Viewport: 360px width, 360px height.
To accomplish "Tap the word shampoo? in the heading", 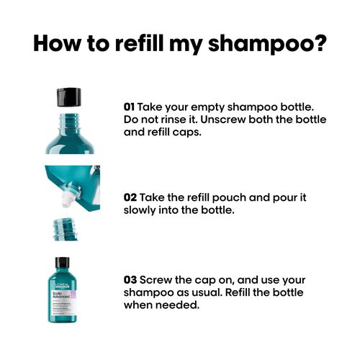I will [x=276, y=45].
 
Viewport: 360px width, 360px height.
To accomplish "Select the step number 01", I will [x=129, y=106].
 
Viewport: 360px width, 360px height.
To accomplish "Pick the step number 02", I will [x=130, y=197].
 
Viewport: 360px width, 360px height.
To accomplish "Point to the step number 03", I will [x=130, y=279].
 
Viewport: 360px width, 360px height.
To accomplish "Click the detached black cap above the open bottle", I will [x=70, y=96].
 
